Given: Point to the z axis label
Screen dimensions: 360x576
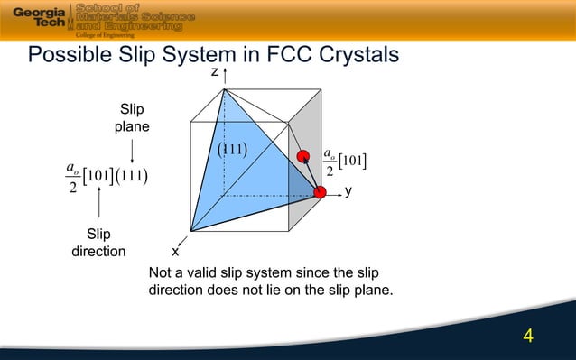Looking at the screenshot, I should click(215, 72).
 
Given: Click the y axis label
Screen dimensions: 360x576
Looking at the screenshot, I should click(348, 191).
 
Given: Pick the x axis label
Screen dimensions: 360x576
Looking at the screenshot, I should click(175, 251).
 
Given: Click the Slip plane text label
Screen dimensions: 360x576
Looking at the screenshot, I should click(132, 118).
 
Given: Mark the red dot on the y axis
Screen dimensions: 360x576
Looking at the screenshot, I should click(320, 191).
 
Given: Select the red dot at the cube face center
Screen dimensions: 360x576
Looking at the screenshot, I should click(302, 154).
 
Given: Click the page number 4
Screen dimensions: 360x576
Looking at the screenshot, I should click(529, 337).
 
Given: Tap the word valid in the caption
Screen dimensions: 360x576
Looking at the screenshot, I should click(200, 273).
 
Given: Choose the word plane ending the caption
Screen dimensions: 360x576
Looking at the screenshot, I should click(372, 291).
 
